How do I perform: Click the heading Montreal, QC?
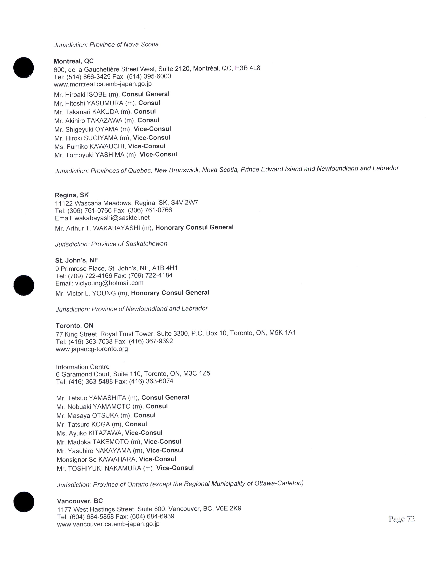73,61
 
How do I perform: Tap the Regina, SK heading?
72,195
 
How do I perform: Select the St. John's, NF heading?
76,260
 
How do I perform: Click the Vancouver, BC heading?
80,501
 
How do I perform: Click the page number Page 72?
402,519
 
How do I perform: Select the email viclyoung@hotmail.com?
109,283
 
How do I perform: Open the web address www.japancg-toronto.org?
92,349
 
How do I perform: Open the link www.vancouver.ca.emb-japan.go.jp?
108,524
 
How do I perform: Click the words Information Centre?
83,367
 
